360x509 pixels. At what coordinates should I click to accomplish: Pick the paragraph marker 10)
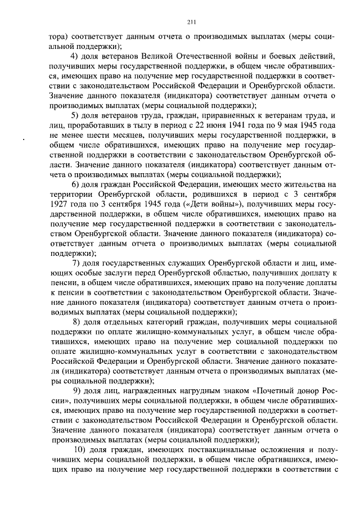click(x=80, y=449)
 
